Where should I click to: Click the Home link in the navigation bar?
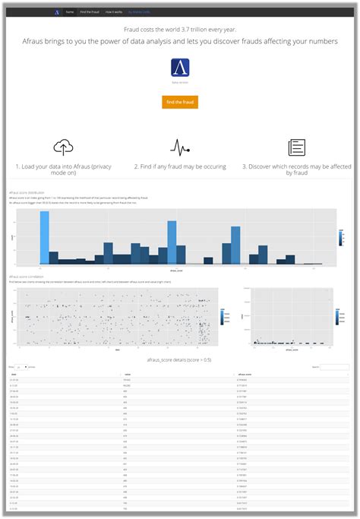pos(70,13)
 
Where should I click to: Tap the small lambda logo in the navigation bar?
pos(57,13)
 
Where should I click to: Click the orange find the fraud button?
pos(180,102)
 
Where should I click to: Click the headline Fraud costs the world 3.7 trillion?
pos(180,28)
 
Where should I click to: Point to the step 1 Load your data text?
pos(64,169)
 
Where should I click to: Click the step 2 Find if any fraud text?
pos(179,166)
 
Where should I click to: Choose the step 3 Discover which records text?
pos(296,169)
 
